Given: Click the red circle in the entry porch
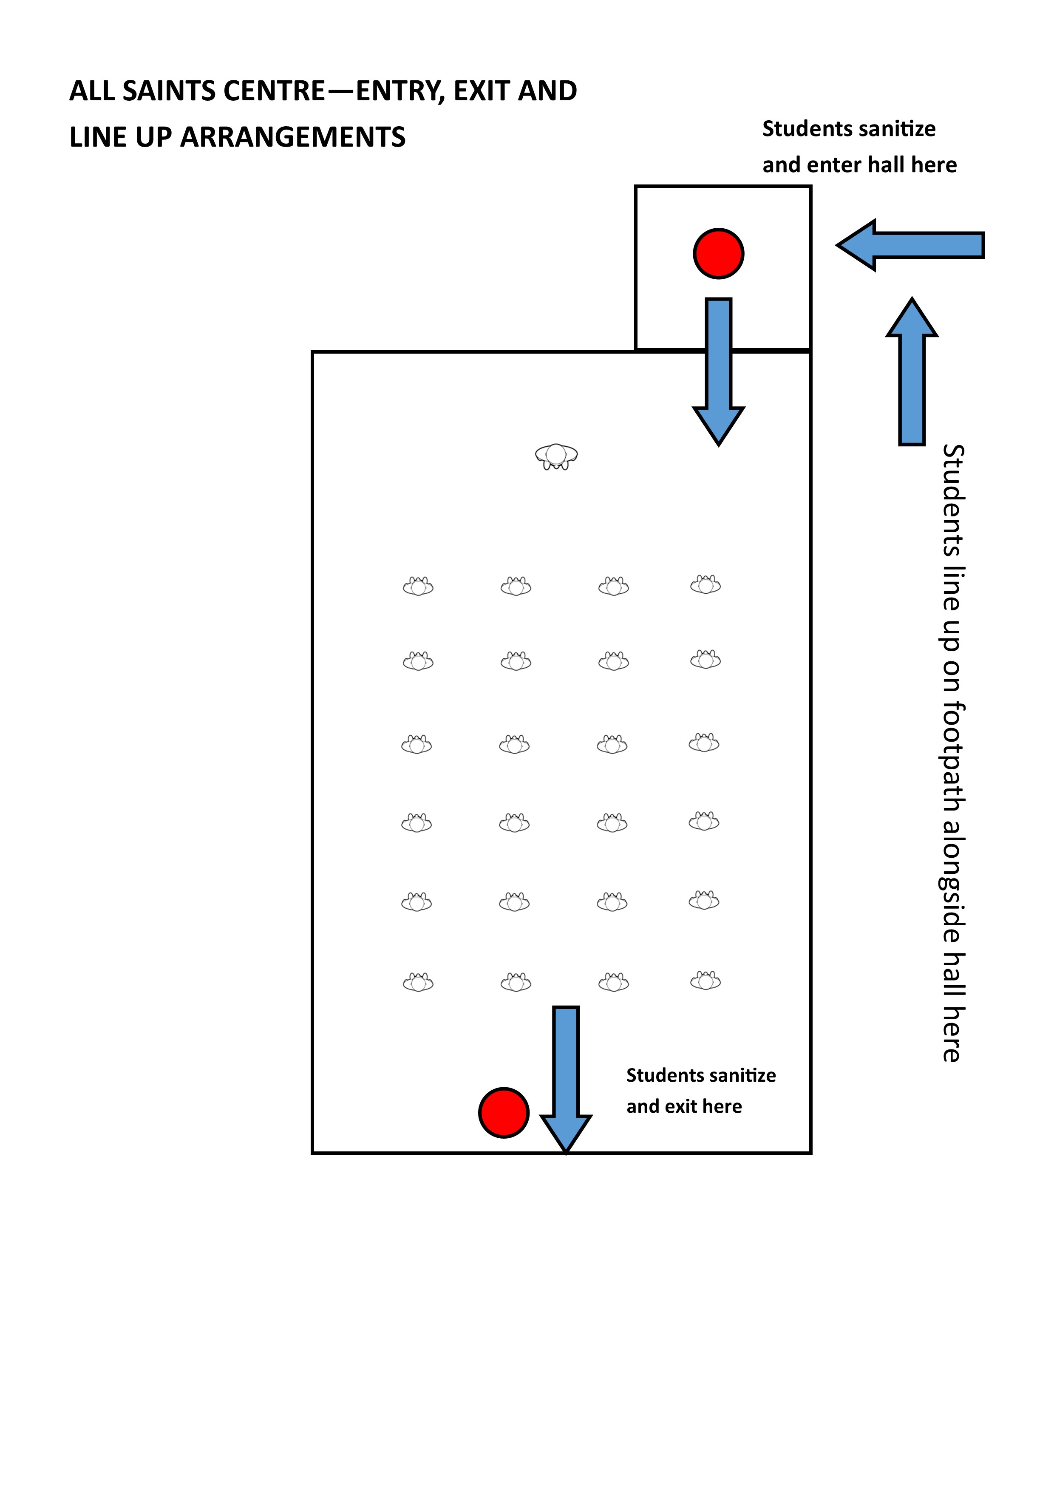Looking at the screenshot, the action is [x=718, y=253].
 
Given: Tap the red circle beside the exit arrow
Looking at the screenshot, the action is [x=504, y=1112].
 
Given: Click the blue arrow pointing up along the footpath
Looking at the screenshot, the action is [x=912, y=371].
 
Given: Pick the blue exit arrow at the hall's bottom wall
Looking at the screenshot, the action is [x=566, y=1079].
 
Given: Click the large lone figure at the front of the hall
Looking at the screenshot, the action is [x=557, y=456].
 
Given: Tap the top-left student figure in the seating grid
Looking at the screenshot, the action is [x=418, y=587].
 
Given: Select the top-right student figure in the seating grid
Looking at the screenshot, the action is [x=705, y=585].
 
